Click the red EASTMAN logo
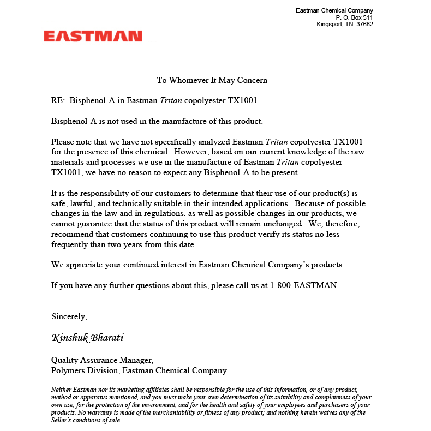(x=93, y=37)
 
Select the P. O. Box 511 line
(x=354, y=17)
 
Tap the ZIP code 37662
(x=364, y=24)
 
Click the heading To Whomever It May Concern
(x=212, y=80)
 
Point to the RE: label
(x=58, y=100)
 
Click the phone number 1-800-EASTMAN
(x=304, y=285)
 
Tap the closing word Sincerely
(x=69, y=316)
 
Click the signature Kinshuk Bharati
(x=88, y=338)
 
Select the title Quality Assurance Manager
(x=102, y=360)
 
